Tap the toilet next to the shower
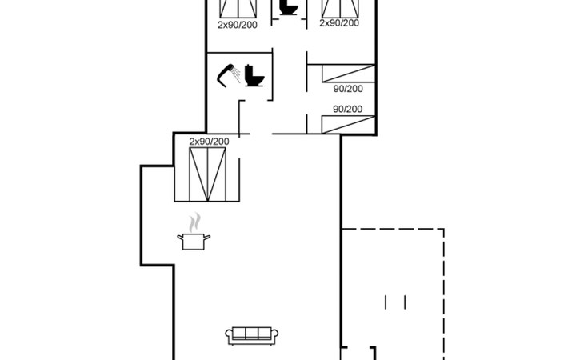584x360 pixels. tap(254, 76)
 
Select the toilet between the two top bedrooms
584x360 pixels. tap(288, 8)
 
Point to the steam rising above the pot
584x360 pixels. tap(194, 221)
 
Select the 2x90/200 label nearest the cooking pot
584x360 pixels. tap(209, 142)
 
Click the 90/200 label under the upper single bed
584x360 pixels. tap(348, 89)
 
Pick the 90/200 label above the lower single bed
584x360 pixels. tap(348, 109)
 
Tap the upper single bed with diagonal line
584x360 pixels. tap(348, 73)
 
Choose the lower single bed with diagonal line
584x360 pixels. tap(348, 123)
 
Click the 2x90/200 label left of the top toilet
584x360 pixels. tap(238, 25)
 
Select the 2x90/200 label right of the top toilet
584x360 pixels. tap(339, 23)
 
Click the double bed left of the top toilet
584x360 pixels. tap(240, 8)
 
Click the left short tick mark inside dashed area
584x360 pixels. tap(386, 302)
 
